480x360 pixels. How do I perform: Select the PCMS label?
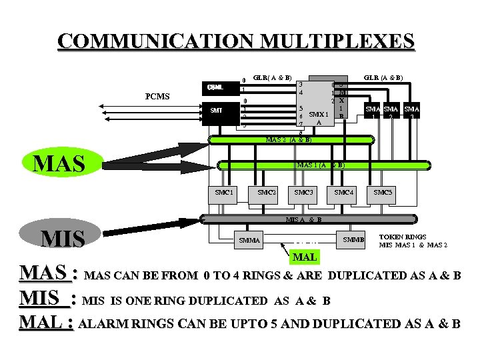157,97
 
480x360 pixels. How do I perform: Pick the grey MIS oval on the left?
63,238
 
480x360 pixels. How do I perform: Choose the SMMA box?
250,239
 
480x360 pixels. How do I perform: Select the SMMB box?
353,239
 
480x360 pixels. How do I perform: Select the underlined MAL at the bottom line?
45,323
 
